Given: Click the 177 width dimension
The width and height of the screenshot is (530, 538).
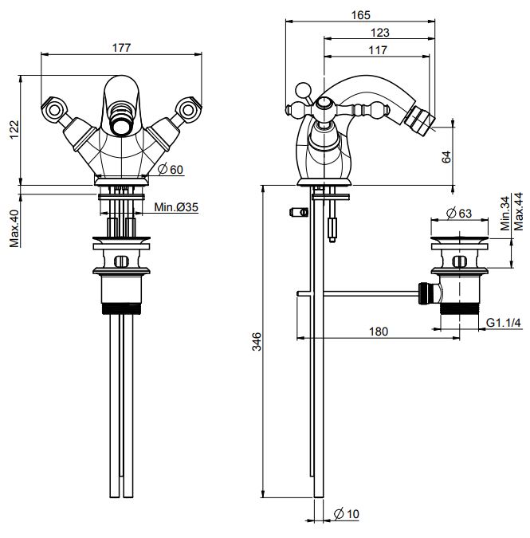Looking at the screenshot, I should (x=120, y=48).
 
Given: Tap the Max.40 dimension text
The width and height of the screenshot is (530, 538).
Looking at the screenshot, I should (x=14, y=228).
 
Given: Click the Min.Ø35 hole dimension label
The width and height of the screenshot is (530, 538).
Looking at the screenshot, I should (x=176, y=208).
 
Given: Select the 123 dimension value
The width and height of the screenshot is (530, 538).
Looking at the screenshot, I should (x=380, y=33).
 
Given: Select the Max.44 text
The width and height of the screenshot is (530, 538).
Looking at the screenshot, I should (x=518, y=209).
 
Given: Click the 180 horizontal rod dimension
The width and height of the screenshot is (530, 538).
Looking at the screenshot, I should (x=378, y=331).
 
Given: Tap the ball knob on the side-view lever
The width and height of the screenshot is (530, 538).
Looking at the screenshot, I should (x=303, y=88).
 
